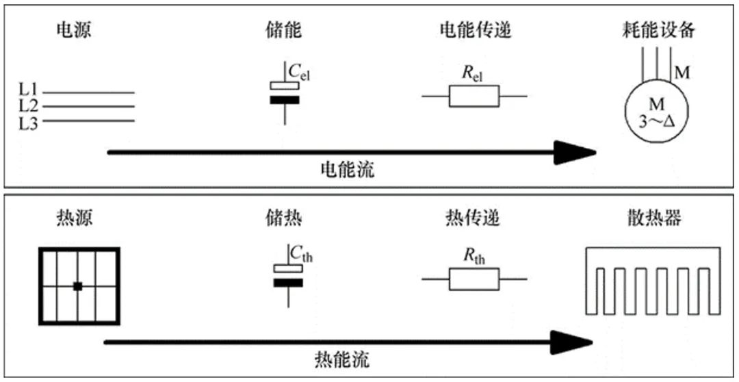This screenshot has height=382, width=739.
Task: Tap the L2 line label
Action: coord(28,105)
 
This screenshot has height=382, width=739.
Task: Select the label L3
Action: coord(28,123)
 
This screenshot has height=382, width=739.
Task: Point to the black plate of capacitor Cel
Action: coord(285,99)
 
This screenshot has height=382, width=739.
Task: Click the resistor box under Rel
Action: coord(474,97)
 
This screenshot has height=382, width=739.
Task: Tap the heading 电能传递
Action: coord(475,31)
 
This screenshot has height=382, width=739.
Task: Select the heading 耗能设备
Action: coord(658,31)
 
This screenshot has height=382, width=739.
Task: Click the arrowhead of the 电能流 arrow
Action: coord(575,153)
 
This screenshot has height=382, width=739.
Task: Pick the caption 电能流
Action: coord(348,169)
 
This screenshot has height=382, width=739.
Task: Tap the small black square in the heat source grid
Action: coord(78,285)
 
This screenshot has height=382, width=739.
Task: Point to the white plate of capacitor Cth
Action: coord(288,268)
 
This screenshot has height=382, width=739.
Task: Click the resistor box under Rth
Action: coord(474,279)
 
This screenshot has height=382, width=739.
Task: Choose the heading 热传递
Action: coord(471,218)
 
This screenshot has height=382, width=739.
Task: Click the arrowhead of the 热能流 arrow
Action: coord(571,342)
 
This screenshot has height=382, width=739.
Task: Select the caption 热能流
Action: coord(341,360)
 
